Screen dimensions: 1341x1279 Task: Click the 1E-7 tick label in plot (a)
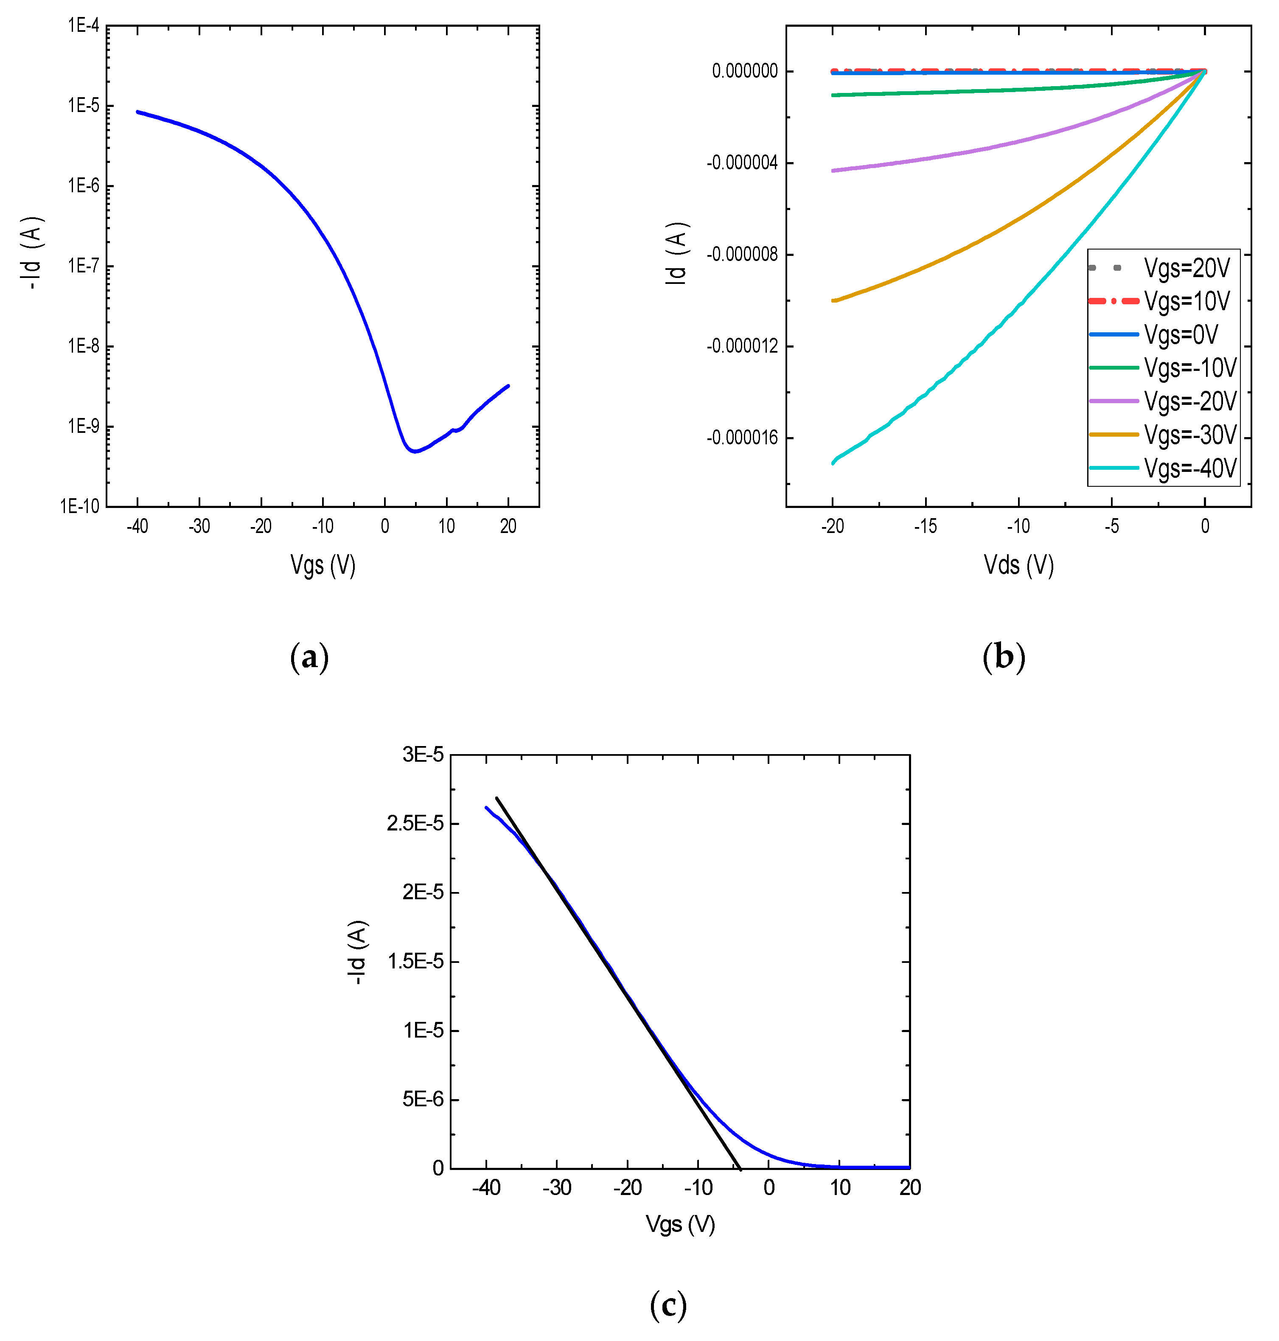[x=83, y=266]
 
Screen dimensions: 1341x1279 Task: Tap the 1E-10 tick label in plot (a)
[x=80, y=506]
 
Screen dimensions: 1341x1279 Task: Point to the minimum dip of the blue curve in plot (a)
[x=414, y=452]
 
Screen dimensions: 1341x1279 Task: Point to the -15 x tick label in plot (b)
[x=925, y=526]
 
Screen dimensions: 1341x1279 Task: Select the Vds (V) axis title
[x=1018, y=565]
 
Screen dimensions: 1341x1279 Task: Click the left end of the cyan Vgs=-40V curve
[x=833, y=463]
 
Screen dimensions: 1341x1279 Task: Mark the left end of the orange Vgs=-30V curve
[x=833, y=300]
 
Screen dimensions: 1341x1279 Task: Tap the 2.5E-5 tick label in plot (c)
[x=415, y=824]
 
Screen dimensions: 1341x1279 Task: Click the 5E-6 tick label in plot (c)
[x=423, y=1099]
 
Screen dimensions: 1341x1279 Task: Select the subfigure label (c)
[x=668, y=1305]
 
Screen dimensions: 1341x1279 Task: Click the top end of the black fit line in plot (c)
[x=497, y=798]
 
